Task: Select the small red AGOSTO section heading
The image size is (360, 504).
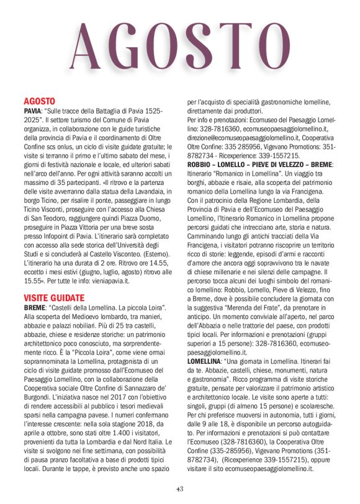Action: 40,101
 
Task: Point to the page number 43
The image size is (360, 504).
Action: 180,489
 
